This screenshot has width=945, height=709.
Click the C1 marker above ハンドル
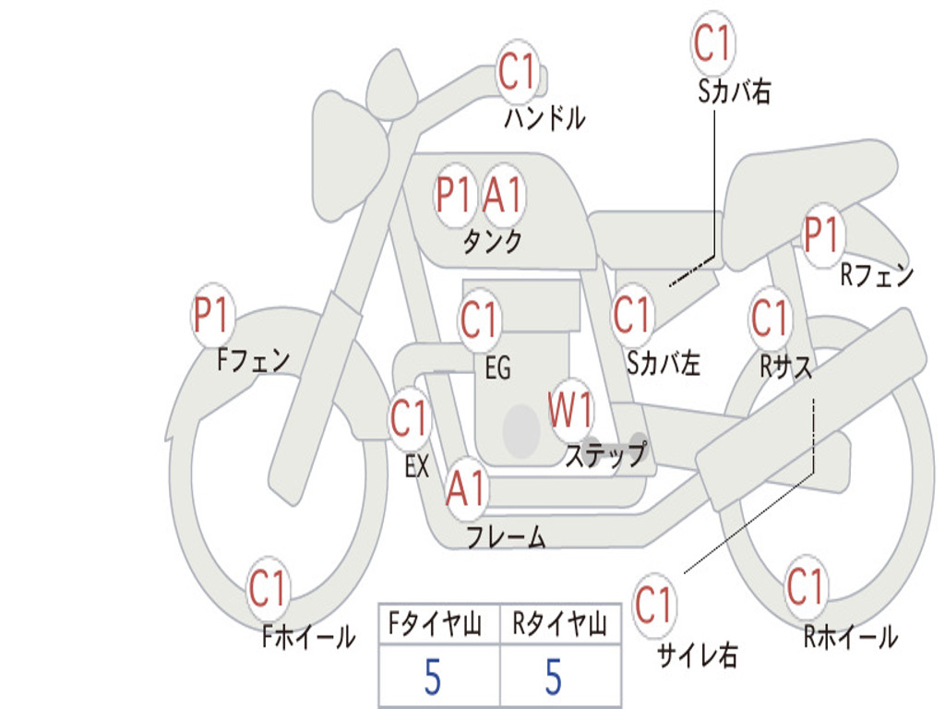(518, 71)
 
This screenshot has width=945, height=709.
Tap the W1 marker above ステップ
(571, 411)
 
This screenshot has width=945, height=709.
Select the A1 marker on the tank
(503, 195)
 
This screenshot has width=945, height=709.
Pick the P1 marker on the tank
(454, 195)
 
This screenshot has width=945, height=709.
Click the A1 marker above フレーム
(466, 487)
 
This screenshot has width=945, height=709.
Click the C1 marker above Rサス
(771, 318)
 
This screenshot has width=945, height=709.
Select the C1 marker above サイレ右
(654, 606)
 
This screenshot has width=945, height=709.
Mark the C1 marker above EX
(410, 419)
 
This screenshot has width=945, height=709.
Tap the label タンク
(492, 242)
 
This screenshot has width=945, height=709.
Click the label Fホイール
(309, 637)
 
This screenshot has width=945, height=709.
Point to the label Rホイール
(850, 636)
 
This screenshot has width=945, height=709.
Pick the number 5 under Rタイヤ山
(554, 679)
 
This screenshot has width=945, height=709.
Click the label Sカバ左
(664, 364)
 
